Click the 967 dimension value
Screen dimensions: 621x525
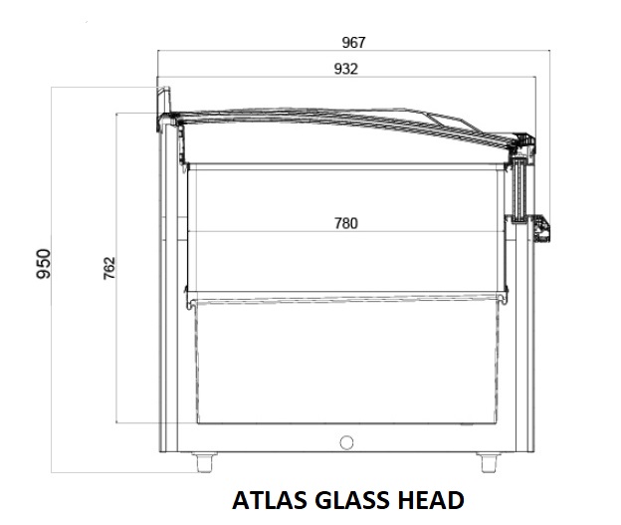tap(353, 42)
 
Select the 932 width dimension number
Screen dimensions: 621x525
tap(346, 69)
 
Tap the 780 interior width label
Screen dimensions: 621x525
tap(346, 223)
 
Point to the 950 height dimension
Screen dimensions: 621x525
tap(43, 264)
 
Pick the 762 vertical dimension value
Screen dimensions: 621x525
tap(108, 268)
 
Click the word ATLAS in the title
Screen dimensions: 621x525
tap(270, 500)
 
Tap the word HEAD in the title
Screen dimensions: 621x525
tap(431, 500)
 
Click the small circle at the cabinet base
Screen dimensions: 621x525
tap(346, 442)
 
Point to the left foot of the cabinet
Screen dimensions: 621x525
tap(205, 462)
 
